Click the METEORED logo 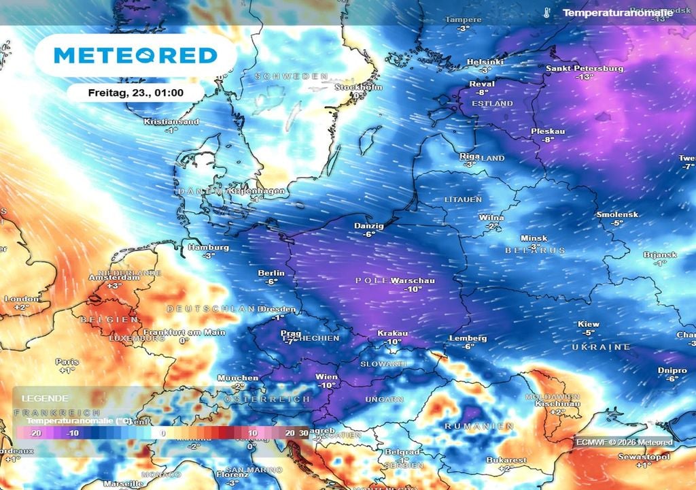135,55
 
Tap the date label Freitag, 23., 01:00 135,93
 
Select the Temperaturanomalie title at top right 617,13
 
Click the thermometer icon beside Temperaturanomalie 547,12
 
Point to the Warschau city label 413,280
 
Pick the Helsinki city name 485,62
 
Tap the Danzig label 369,225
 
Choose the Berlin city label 271,273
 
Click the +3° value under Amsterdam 114,286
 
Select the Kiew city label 588,324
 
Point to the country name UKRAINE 601,347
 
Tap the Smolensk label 616,214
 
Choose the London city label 22,299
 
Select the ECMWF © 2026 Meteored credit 624,442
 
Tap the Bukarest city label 506,460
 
